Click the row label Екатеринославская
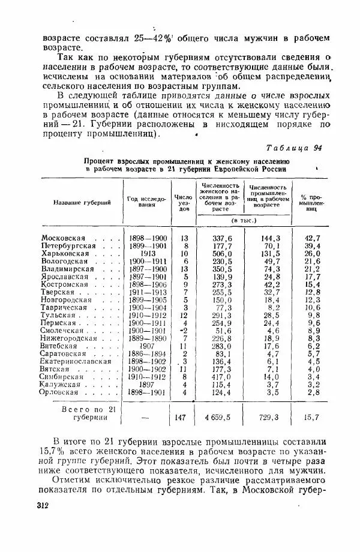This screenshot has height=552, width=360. tap(77, 362)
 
